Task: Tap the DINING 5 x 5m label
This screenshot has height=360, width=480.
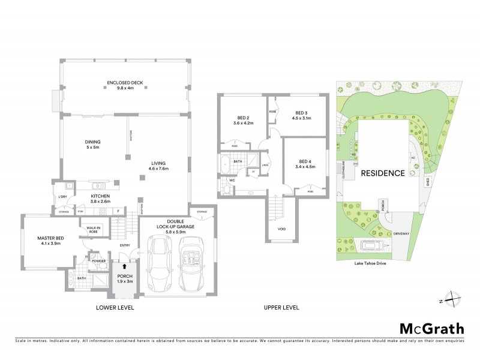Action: (x=92, y=145)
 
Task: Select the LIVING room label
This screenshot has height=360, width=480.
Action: (x=158, y=166)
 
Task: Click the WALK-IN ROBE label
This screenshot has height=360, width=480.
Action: (x=93, y=230)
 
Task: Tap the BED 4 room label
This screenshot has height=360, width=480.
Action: (x=306, y=164)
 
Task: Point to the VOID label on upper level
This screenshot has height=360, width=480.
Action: (x=282, y=229)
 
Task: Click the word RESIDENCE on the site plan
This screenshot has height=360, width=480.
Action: (x=382, y=173)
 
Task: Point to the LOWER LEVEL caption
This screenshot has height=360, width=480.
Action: (x=115, y=308)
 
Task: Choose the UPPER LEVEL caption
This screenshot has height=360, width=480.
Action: (x=281, y=308)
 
